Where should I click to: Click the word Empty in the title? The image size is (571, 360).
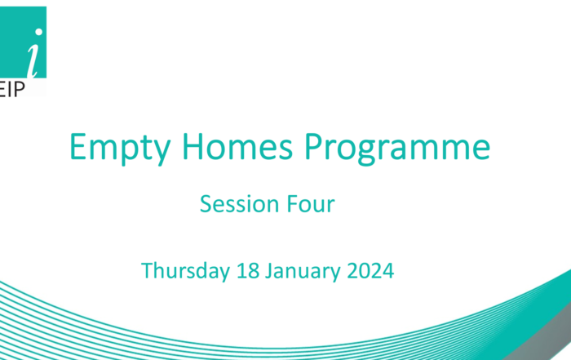120,149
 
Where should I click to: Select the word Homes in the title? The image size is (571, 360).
237,146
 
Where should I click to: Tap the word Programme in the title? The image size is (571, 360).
397,149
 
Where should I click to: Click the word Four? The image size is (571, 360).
311,204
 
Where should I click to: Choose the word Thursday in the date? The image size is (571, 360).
185,271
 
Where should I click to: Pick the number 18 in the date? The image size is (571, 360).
248,271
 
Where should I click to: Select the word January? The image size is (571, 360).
303,272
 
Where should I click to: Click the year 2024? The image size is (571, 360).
370,271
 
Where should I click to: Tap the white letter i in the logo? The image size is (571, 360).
34,55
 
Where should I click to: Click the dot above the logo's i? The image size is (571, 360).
38,33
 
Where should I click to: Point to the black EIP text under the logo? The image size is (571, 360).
12,89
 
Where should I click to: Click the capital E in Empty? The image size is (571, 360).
77,146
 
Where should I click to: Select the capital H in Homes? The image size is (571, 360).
193,146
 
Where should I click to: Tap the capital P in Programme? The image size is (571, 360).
313,146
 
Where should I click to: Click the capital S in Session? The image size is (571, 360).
206,204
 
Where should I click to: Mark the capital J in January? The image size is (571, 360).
268,272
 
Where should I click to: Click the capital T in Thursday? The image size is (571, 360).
147,270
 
